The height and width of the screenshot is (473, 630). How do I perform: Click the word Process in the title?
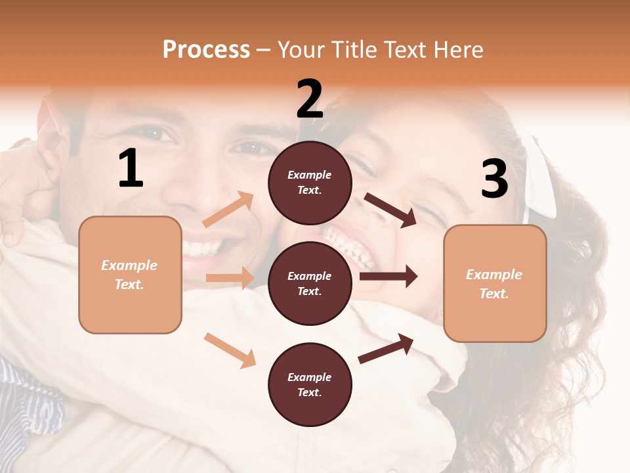[x=206, y=50]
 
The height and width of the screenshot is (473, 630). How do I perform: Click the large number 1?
[x=131, y=169]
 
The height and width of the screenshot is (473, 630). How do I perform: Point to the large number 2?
[x=310, y=99]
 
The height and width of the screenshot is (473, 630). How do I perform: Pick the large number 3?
[x=494, y=179]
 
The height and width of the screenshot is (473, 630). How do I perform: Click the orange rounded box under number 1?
[x=130, y=275]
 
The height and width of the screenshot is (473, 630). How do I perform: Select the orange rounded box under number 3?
[x=495, y=284]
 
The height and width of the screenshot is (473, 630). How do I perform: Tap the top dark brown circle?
[x=310, y=183]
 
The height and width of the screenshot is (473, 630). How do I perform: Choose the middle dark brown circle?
[x=310, y=284]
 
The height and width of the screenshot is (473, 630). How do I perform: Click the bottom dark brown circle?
[x=310, y=385]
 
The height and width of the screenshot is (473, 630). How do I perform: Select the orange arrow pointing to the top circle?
[x=228, y=210]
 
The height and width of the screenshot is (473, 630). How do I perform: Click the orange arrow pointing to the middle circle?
[x=230, y=278]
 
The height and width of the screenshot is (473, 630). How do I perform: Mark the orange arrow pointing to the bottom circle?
[x=230, y=350]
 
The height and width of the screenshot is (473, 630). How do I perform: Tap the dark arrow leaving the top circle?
[x=390, y=210]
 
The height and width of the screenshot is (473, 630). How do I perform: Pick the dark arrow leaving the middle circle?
[x=388, y=277]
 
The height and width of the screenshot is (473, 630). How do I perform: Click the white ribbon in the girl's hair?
[x=540, y=177]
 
